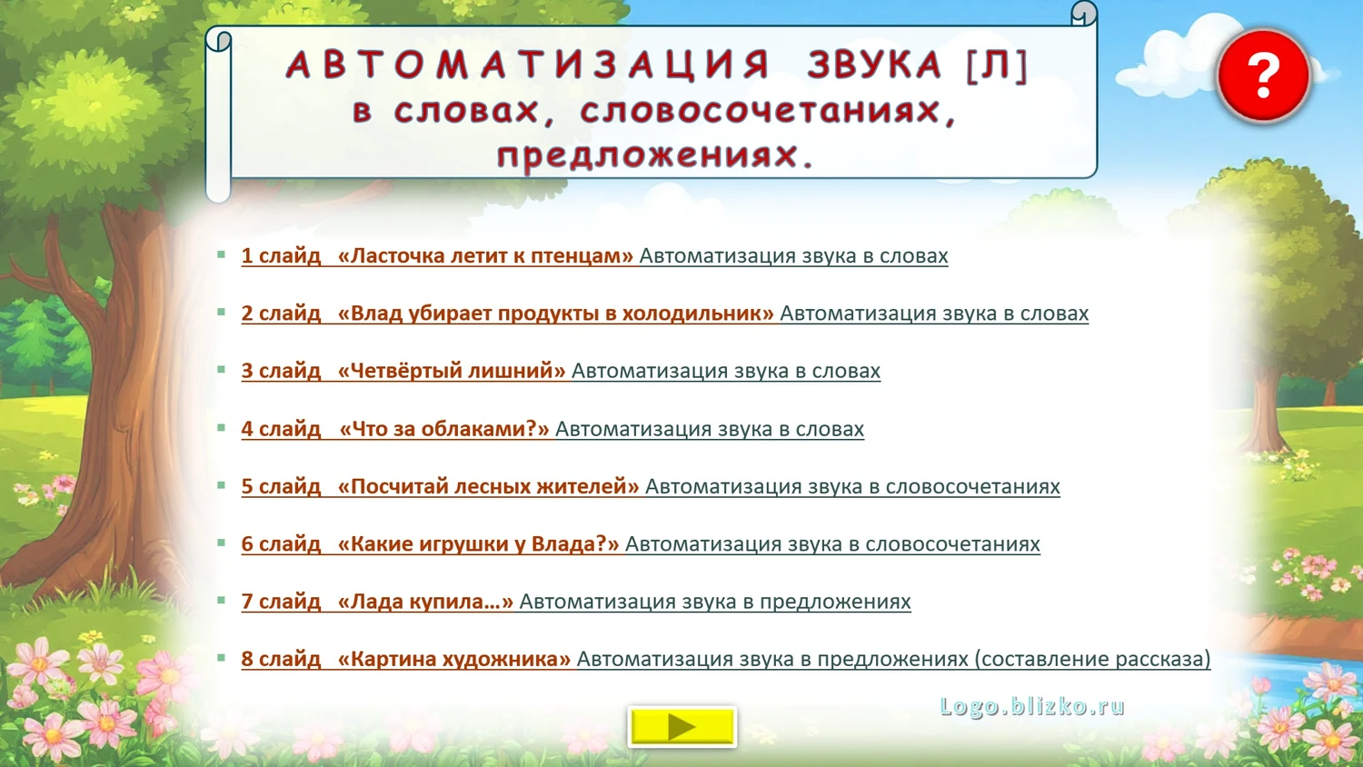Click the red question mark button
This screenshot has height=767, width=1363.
[x=1263, y=75]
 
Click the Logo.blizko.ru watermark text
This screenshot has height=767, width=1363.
[x=1032, y=706]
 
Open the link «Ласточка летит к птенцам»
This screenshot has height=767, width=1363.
[x=485, y=255]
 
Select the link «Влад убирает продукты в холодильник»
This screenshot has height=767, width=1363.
[x=555, y=313]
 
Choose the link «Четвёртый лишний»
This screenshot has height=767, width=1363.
[x=452, y=371]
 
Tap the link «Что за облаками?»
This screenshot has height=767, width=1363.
[x=444, y=429]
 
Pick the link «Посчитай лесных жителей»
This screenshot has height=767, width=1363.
[x=488, y=486]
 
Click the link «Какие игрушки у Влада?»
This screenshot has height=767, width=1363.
[x=478, y=543]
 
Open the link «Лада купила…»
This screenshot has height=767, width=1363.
[x=425, y=602]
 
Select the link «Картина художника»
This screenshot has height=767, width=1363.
[x=454, y=659]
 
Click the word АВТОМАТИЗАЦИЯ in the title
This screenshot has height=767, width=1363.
[x=528, y=65]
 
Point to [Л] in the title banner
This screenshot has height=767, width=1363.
[x=997, y=65]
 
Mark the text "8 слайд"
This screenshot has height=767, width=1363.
[x=281, y=659]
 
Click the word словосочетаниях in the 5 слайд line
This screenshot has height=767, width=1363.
[x=972, y=486]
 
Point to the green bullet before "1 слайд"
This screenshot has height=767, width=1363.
[x=222, y=254]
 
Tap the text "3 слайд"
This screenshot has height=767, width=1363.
[x=281, y=371]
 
